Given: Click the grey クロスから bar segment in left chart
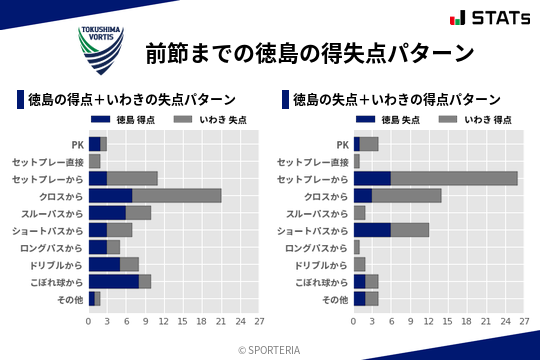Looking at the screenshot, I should [x=177, y=195].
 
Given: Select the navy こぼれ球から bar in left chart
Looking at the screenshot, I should [x=113, y=281].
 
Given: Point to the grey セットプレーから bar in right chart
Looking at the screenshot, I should [x=454, y=178].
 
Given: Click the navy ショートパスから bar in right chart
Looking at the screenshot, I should [x=372, y=230].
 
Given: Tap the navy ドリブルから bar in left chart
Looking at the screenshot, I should [x=104, y=264].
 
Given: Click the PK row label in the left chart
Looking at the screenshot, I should [x=77, y=144].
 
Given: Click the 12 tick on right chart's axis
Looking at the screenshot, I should [x=429, y=322].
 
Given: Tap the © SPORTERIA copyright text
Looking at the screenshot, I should [x=270, y=349].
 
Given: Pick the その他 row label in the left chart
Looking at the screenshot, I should [x=69, y=299].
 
